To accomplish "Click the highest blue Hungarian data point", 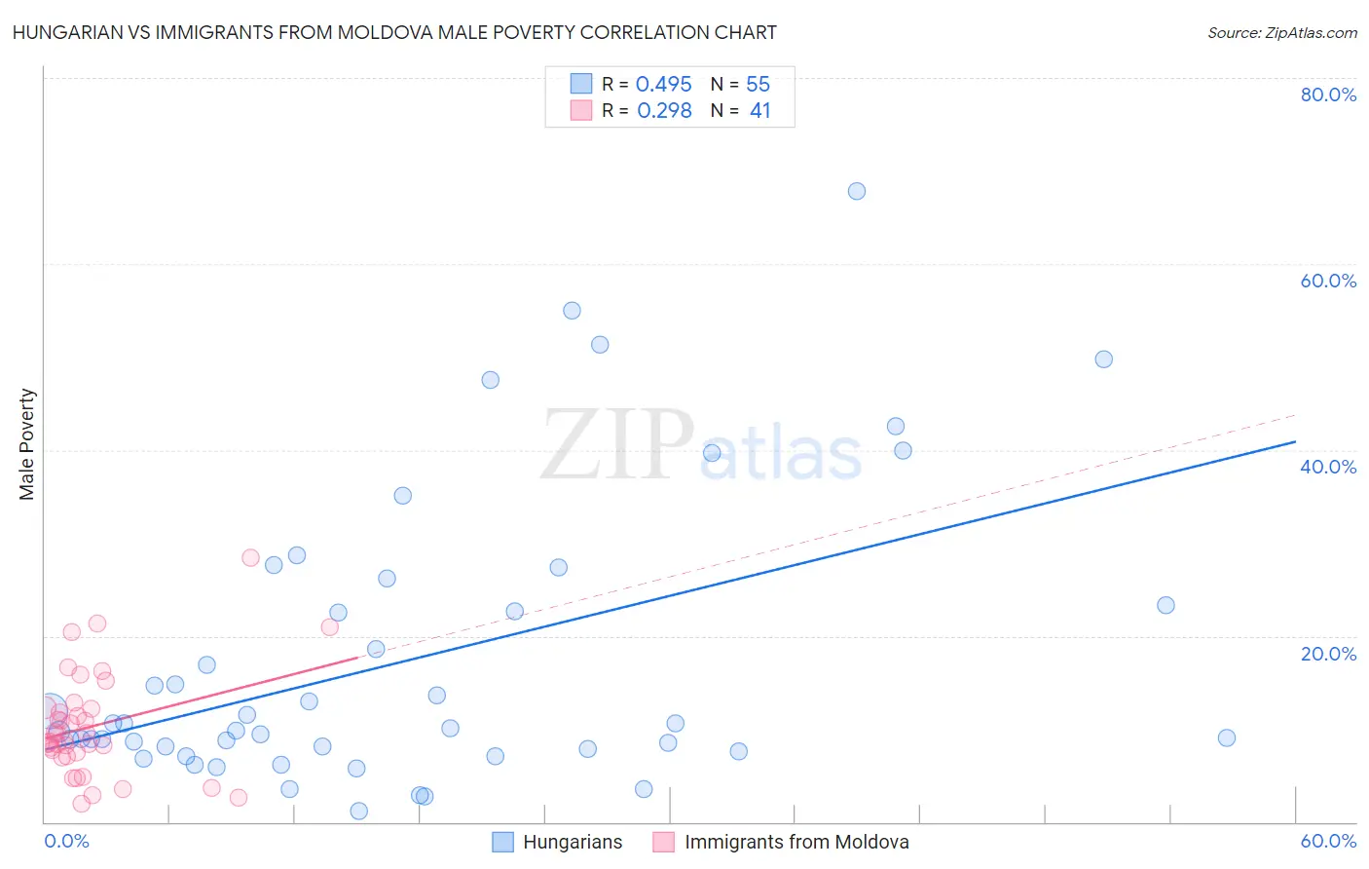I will click(856, 191).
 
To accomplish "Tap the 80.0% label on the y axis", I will click(1328, 94).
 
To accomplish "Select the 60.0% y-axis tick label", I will click(1328, 281).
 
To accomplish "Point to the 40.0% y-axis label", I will click(1328, 467).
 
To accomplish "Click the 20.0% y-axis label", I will click(1328, 654).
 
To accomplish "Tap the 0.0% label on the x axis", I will click(66, 841).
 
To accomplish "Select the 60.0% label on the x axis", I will click(1328, 841).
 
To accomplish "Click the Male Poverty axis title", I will click(27, 444).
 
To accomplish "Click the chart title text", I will click(394, 32).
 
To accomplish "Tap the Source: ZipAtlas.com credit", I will click(1281, 32).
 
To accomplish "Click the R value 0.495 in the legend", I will click(663, 85).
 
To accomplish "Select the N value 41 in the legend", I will click(759, 111).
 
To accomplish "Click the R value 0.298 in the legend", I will click(664, 111).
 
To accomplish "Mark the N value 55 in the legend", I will click(758, 85).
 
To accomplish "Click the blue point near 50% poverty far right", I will click(1103, 359).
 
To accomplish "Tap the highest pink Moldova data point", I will click(250, 558).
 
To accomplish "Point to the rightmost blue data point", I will click(1226, 737).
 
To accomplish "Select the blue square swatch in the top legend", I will click(581, 84).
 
